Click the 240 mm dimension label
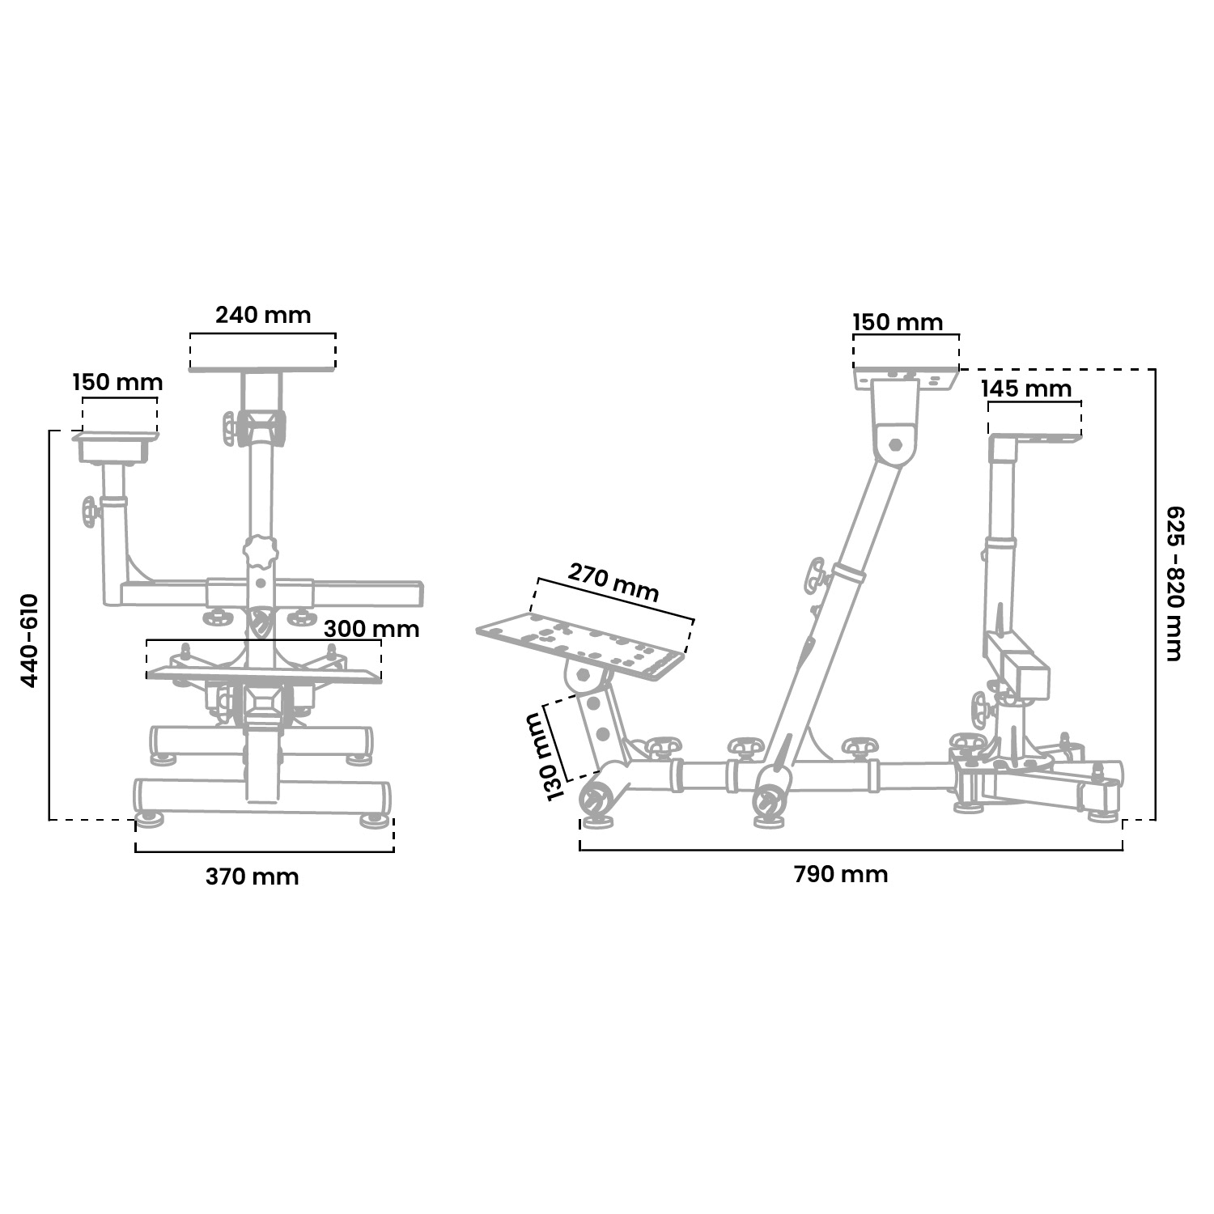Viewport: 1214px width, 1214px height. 263,315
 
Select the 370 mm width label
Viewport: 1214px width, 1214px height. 252,877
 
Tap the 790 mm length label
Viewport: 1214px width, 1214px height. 841,874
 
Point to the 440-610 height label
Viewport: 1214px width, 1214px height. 29,640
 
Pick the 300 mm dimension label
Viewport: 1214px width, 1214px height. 371,629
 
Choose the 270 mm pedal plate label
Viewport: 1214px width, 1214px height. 613,583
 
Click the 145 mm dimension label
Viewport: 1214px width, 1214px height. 1026,388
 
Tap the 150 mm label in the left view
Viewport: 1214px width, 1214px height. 117,382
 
